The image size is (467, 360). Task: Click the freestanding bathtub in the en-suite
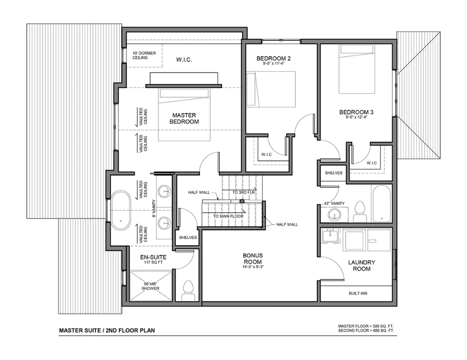coord(121,211)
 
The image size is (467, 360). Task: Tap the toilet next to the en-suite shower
coord(188,290)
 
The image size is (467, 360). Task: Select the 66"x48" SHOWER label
coord(150,286)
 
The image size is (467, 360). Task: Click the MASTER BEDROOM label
coord(184,118)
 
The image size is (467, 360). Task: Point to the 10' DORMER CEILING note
coord(144,55)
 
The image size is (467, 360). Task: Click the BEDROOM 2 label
coord(274,58)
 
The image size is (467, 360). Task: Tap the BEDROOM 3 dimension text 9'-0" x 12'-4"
coord(356,117)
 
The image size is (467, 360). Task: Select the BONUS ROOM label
coord(253,259)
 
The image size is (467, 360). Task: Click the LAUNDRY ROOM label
coord(361,265)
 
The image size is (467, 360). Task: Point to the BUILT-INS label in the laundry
coord(358,293)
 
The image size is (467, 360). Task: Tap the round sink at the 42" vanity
coord(334,215)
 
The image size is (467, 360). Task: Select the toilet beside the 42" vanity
coord(360,212)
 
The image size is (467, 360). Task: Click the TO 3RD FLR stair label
coord(244,193)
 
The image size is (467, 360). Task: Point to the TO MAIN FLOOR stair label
coord(228,216)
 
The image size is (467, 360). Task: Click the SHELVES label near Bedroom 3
coord(334,173)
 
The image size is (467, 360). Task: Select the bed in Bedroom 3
coord(357,69)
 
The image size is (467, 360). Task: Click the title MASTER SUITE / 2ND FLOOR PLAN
coord(107,330)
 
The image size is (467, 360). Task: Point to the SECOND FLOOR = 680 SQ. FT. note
coord(366,331)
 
